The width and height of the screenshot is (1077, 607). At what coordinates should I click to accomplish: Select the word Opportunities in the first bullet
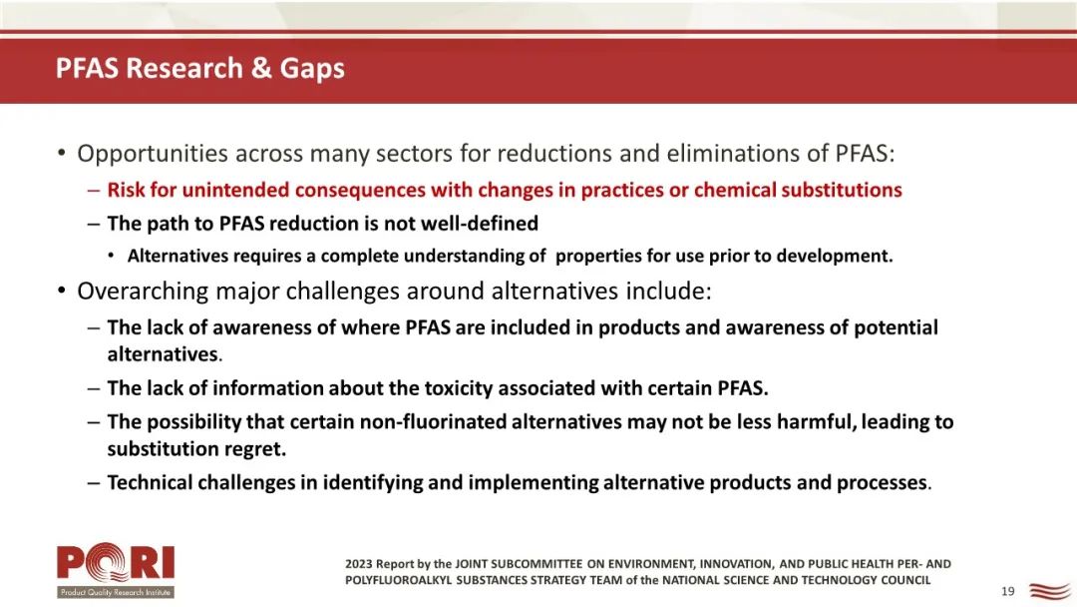click(152, 154)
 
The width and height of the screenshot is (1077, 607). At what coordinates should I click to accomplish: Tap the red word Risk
click(126, 190)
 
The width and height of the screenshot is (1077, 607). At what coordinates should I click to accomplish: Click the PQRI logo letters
click(116, 563)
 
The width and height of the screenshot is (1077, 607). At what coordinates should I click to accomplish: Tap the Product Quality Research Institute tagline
click(116, 592)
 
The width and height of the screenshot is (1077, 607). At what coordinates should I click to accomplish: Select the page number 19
click(1007, 591)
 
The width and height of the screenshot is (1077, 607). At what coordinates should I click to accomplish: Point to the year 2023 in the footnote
click(359, 564)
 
